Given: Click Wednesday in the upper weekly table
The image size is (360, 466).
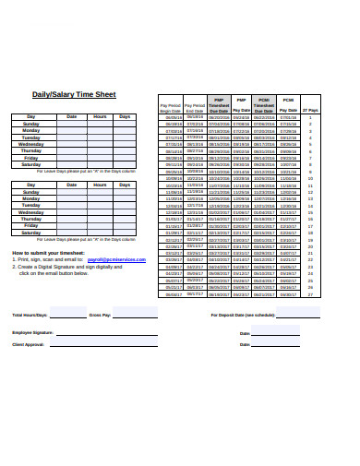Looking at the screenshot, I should click(x=31, y=144).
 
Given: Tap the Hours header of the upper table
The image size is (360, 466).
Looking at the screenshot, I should click(x=100, y=117).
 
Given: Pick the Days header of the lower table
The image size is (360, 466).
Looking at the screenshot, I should click(x=125, y=185).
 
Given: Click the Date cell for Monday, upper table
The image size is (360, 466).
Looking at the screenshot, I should click(x=72, y=131).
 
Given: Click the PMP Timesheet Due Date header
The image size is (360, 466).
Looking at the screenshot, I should click(x=219, y=104).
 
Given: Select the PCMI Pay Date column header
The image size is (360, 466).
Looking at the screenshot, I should click(x=288, y=104).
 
